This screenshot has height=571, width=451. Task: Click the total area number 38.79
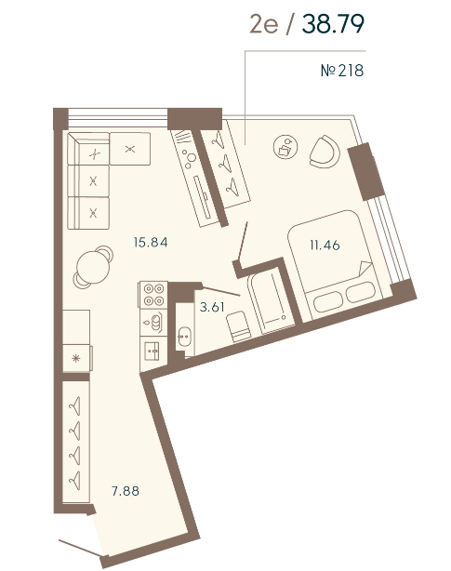pyautogui.click(x=333, y=24)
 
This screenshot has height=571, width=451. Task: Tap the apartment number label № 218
pyautogui.click(x=342, y=71)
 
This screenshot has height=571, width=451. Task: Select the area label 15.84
pyautogui.click(x=151, y=242)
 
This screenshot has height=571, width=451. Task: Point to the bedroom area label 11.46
pyautogui.click(x=325, y=246)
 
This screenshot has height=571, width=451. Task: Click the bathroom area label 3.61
pyautogui.click(x=212, y=307)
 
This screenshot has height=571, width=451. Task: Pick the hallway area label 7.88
pyautogui.click(x=126, y=491)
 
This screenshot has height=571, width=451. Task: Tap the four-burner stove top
pyautogui.click(x=153, y=295)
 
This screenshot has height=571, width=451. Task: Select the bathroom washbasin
pyautogui.click(x=184, y=337)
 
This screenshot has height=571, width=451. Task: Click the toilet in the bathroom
pyautogui.click(x=238, y=326)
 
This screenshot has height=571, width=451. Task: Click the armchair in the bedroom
pyautogui.click(x=325, y=152)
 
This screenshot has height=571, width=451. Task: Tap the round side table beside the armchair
pyautogui.click(x=285, y=147)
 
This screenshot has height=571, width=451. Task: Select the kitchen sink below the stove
pyautogui.click(x=153, y=351)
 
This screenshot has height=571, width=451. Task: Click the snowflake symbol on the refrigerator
pyautogui.click(x=75, y=359)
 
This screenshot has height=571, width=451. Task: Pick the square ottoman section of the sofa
pyautogui.click(x=130, y=149)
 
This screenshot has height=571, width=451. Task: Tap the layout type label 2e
pyautogui.click(x=264, y=25)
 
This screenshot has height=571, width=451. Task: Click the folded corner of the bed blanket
pyautogui.click(x=365, y=269)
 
